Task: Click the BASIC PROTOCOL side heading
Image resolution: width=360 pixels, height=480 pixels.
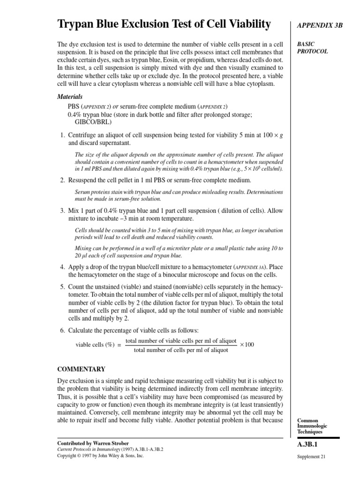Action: [x=313, y=47]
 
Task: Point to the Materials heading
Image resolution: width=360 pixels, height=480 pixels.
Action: [x=70, y=97]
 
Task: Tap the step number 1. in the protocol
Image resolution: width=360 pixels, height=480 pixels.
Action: [x=62, y=135]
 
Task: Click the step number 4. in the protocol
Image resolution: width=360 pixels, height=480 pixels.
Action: [x=62, y=267]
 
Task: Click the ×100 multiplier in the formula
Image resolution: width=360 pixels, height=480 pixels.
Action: [x=247, y=345]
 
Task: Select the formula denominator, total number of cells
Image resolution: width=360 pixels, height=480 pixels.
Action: [x=181, y=350]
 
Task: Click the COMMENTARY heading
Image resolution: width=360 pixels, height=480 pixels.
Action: [x=81, y=369]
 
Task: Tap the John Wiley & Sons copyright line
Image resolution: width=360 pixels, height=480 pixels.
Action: [x=100, y=455]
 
